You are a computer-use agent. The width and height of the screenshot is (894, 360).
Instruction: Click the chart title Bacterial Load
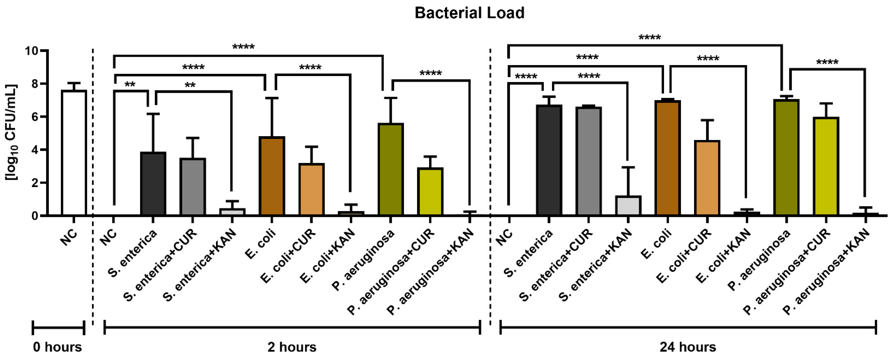(469, 13)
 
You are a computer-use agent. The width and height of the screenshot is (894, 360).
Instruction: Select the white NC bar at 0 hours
(74, 153)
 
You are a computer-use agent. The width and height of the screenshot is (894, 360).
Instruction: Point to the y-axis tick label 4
(35, 150)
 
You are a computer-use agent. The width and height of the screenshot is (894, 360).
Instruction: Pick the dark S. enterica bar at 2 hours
(153, 184)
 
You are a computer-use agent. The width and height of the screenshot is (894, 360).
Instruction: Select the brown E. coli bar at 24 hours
(667, 158)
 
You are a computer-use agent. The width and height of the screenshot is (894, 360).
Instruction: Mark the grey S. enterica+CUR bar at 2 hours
(193, 187)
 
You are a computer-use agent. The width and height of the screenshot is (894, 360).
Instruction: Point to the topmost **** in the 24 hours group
(650, 37)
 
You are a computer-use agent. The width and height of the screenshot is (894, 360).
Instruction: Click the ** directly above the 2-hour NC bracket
(130, 85)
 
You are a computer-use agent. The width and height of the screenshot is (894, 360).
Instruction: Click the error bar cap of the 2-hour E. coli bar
(272, 98)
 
